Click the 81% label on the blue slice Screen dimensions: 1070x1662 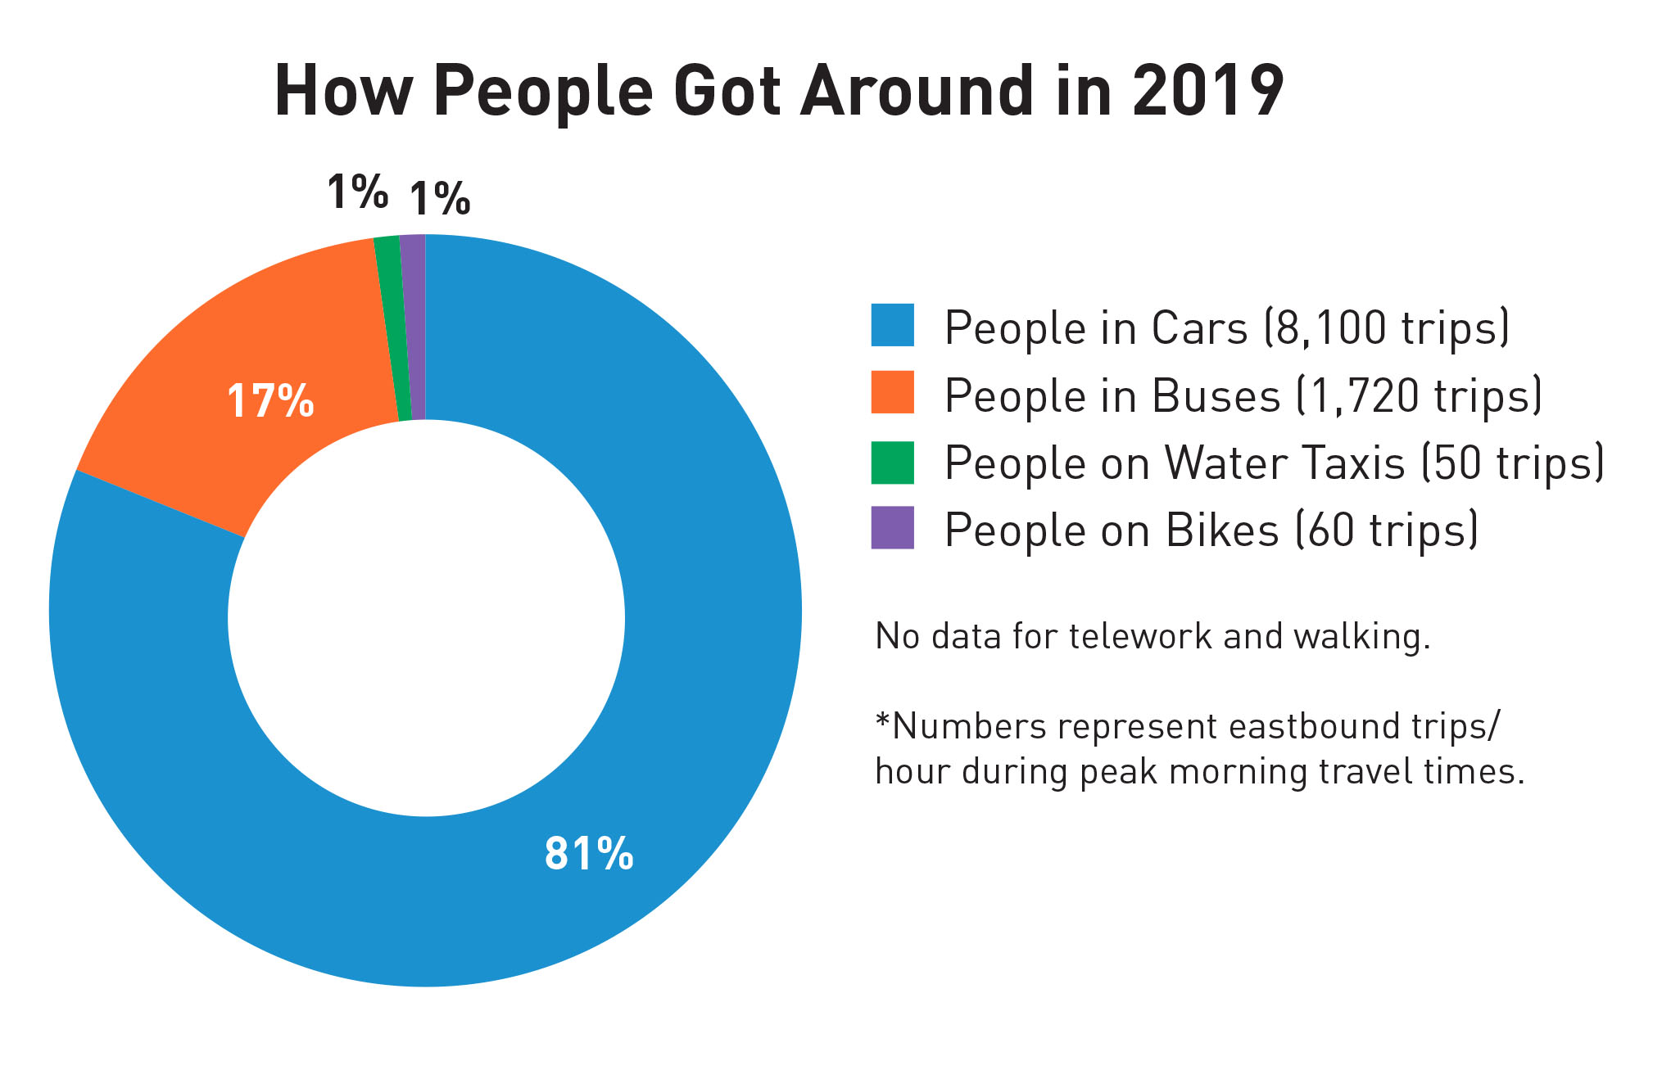point(589,853)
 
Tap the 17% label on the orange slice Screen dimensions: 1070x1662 point(270,401)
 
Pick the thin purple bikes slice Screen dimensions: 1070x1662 point(414,327)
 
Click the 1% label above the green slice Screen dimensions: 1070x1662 point(357,192)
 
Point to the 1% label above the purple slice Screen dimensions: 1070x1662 point(440,199)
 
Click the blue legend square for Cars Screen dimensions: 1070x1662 point(892,325)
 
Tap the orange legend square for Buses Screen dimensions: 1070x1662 point(892,392)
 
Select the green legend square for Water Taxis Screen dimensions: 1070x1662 point(892,462)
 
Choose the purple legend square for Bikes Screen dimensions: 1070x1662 point(892,528)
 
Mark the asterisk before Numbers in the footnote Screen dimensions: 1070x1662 point(882,722)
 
